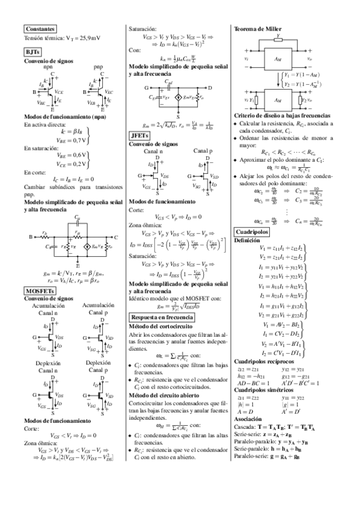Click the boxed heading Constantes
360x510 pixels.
(x=40, y=28)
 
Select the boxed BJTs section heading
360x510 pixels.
(x=32, y=52)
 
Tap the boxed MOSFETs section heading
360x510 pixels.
(x=40, y=290)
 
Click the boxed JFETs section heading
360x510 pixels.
(x=142, y=136)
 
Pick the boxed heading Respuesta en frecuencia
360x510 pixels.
(x=163, y=316)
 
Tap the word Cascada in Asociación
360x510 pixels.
(x=245, y=426)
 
